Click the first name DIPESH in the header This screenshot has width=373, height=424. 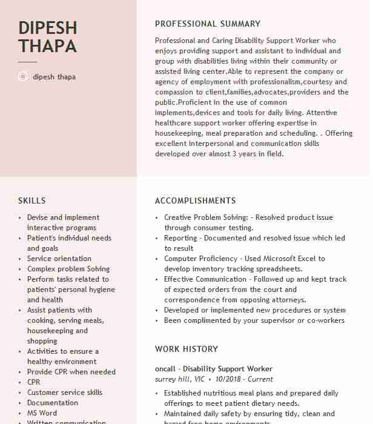coord(48,28)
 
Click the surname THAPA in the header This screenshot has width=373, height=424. coord(47,46)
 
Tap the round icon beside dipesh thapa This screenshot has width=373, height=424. coord(23,77)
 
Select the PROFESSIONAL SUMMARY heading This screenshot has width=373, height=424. coord(207,24)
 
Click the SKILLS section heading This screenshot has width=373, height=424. coord(31,201)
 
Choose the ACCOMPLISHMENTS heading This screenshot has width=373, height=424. coord(195,201)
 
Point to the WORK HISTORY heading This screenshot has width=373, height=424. coord(186,349)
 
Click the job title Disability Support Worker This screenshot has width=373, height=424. coord(228,369)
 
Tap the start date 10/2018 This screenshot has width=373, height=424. coord(228,379)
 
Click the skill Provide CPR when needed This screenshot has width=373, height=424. coord(71,372)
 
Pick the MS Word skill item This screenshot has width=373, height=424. coord(42,413)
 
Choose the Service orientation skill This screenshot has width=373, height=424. coord(59,259)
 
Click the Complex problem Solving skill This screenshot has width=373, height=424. coord(68,269)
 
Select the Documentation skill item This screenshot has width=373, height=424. coord(53,403)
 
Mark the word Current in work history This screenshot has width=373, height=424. coord(260,379)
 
